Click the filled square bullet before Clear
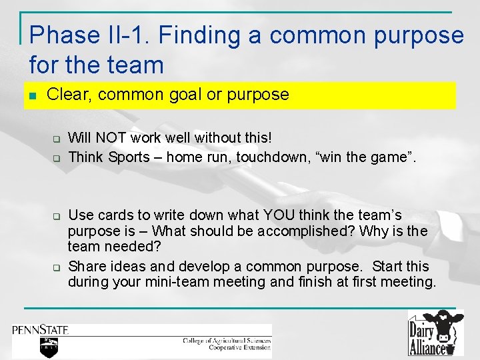pyautogui.click(x=33, y=95)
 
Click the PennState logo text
pyautogui.click(x=41, y=329)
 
